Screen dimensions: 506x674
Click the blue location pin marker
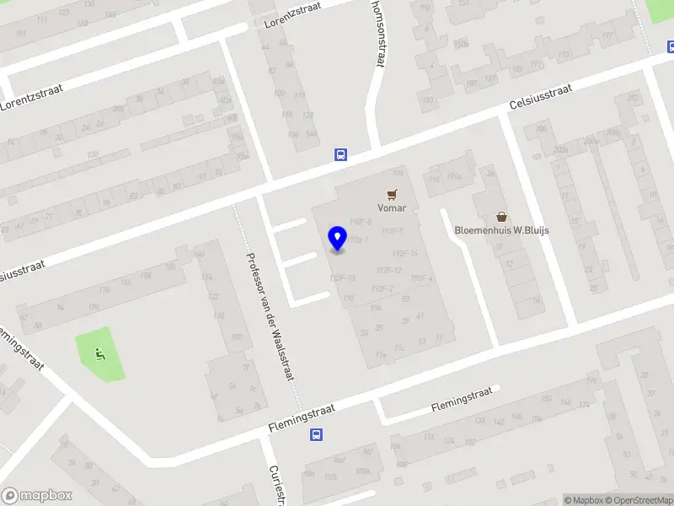[337, 238]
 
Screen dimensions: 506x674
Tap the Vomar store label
[392, 207]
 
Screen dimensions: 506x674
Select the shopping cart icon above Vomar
[392, 194]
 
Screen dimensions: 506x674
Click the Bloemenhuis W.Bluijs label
[501, 230]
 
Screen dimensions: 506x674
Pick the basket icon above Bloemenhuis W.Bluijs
[501, 217]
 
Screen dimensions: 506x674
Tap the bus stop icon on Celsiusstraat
[340, 154]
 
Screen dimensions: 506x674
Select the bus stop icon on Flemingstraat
[316, 435]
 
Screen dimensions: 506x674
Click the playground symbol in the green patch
[100, 354]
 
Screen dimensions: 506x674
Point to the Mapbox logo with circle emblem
[37, 496]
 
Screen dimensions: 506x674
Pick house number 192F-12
[388, 270]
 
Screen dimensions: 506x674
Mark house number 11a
[381, 355]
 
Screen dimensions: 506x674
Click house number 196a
[454, 175]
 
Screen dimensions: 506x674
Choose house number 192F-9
[393, 230]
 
